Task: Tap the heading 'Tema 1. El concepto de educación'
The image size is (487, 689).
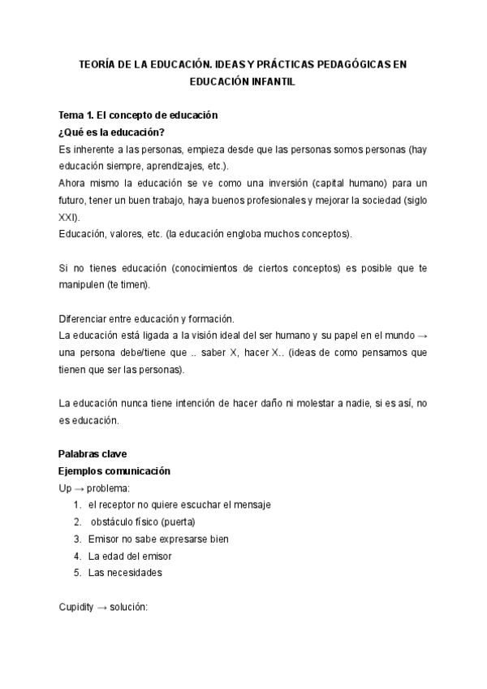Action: coord(138,116)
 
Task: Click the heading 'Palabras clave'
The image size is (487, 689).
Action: coord(93,453)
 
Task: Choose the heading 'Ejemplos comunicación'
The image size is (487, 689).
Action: coord(114,471)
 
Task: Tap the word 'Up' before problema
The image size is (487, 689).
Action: coord(65,488)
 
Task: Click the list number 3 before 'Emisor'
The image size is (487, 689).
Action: coord(77,539)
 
